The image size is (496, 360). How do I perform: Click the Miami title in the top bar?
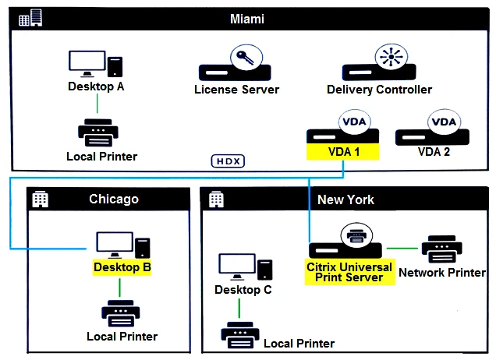[x=247, y=17]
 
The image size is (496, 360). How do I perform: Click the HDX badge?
[x=227, y=161]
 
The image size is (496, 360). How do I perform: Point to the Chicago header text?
[x=114, y=199]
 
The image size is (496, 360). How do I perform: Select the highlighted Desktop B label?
[x=122, y=267]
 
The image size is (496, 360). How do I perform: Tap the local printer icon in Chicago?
[x=121, y=313]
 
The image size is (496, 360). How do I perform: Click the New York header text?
[x=345, y=199]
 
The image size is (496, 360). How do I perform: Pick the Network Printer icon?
[x=443, y=249]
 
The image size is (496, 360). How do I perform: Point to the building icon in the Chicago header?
[x=39, y=199]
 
